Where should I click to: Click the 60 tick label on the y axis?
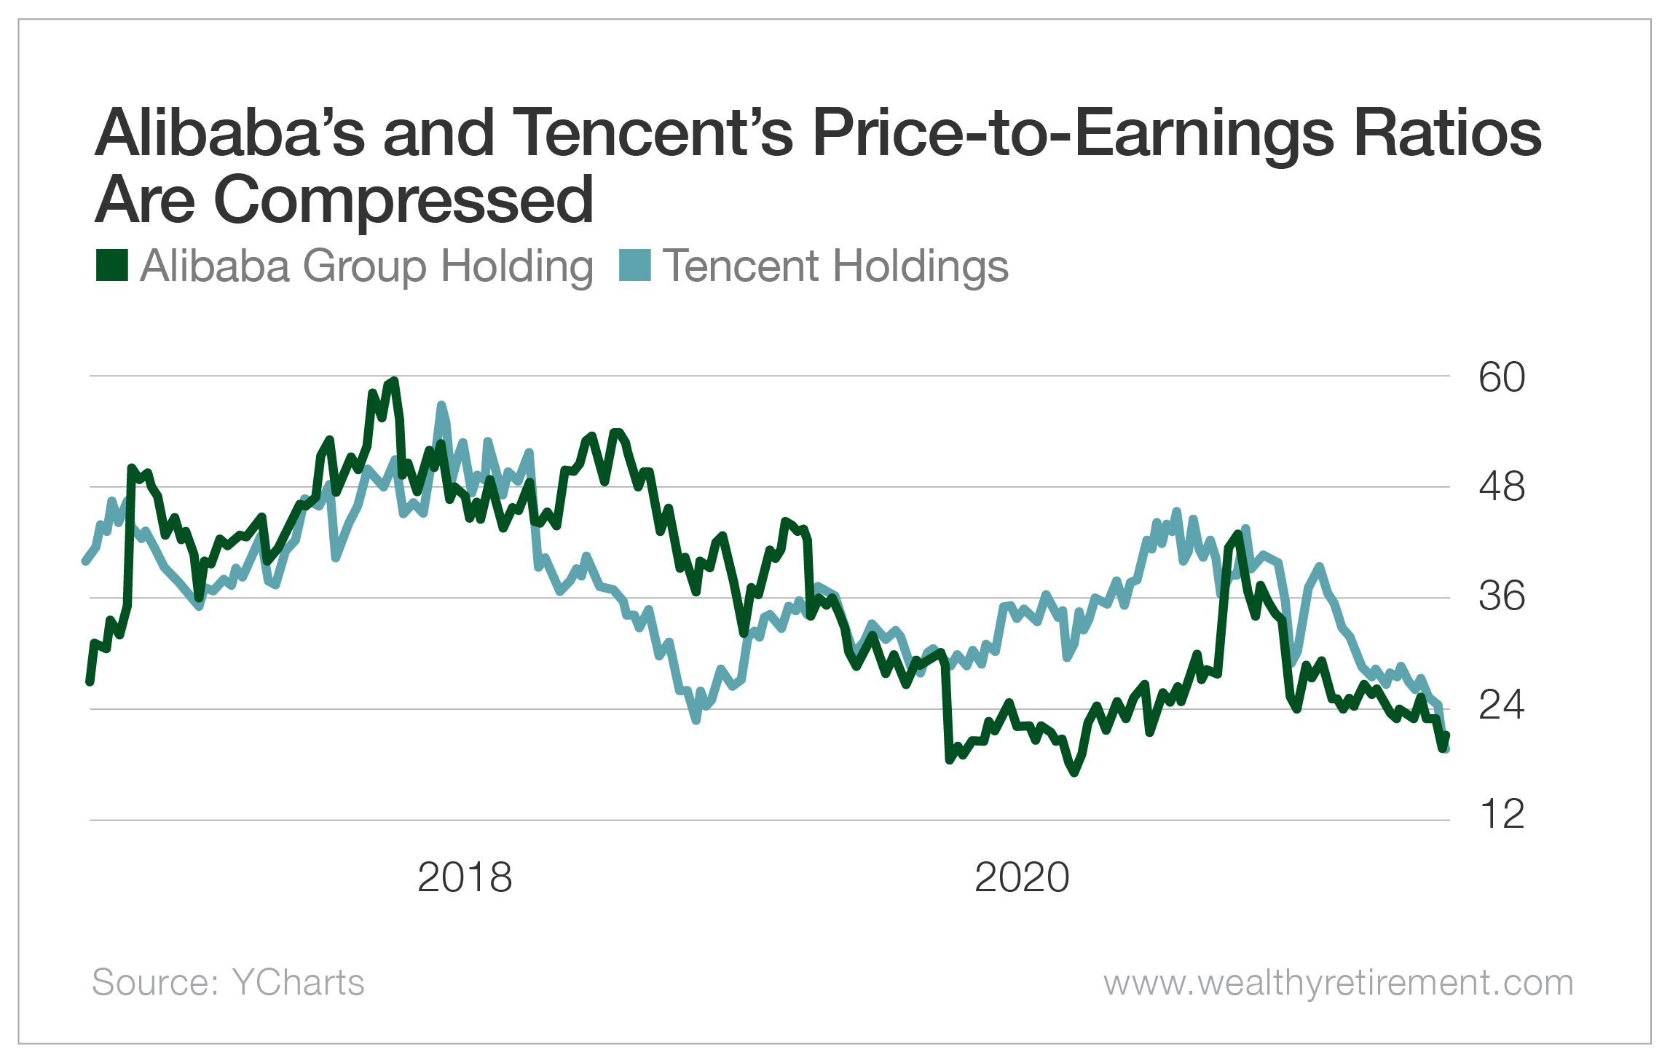click(x=1501, y=377)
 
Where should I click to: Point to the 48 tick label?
click(x=1501, y=486)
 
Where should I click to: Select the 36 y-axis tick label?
click(x=1501, y=596)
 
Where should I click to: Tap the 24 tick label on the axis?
click(x=1501, y=705)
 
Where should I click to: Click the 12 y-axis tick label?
click(x=1501, y=814)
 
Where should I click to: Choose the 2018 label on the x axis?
click(x=465, y=877)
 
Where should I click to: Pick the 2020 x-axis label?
click(x=1022, y=877)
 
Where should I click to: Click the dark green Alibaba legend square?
click(x=112, y=265)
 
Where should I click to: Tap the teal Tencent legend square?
click(x=634, y=265)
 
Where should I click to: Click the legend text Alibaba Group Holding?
click(x=366, y=266)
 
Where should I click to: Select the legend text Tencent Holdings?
click(x=835, y=266)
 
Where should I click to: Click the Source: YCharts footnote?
click(x=228, y=982)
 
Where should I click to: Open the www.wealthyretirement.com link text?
click(x=1338, y=982)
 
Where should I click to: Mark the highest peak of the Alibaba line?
click(x=394, y=380)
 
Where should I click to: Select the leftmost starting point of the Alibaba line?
click(x=90, y=682)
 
